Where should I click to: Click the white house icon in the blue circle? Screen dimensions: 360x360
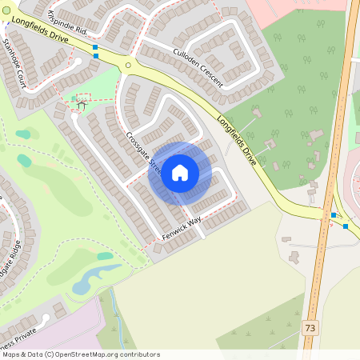pyautogui.click(x=180, y=172)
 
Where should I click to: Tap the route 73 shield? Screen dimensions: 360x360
pyautogui.click(x=310, y=328)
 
